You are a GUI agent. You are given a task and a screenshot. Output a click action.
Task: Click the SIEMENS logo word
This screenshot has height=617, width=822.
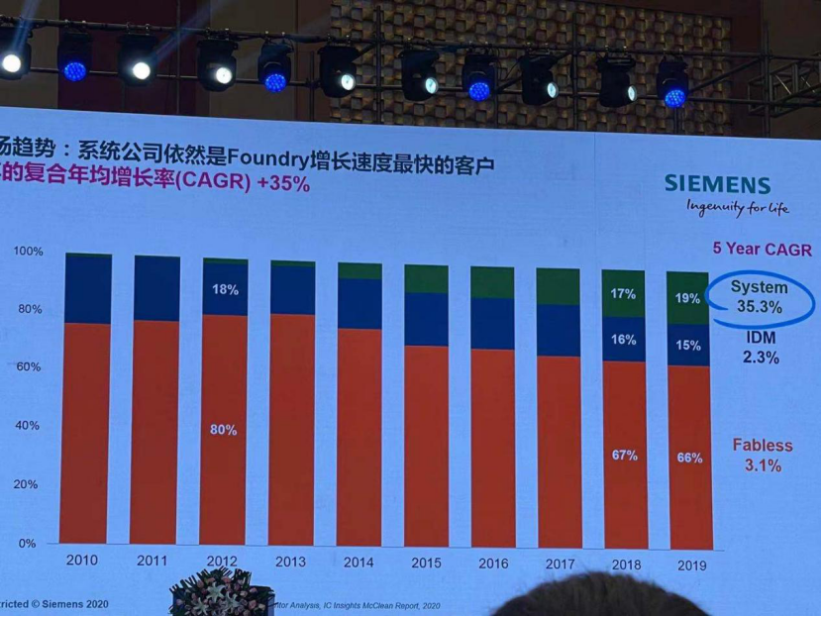717,183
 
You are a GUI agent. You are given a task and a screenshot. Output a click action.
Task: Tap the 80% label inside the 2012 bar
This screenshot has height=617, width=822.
223,430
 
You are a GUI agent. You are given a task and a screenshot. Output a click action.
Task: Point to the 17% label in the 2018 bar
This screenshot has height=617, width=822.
623,293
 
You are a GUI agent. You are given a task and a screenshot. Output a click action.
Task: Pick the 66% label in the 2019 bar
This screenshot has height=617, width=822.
689,458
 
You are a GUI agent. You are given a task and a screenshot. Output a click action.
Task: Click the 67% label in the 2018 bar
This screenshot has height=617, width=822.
623,456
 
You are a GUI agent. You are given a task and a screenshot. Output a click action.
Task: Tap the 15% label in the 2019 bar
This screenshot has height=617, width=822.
689,346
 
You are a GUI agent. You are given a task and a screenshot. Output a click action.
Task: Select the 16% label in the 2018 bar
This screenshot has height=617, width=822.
623,340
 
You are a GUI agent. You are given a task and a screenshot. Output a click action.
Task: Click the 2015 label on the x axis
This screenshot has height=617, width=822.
425,563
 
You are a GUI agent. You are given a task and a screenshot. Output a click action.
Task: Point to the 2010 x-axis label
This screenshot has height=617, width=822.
80,560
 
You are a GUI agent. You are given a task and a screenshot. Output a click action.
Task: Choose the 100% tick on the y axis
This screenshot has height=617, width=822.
29,252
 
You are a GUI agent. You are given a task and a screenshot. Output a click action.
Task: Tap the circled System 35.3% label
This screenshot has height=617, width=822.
759,297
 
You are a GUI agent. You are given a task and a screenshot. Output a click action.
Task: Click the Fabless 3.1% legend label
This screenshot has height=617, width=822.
758,456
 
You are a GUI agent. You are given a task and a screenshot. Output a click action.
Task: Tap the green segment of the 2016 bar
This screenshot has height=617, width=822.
492,282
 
